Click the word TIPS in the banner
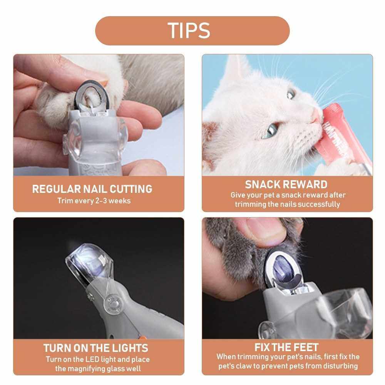coord(189,31)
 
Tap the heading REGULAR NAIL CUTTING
coord(92,189)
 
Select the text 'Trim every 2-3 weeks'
coord(94,201)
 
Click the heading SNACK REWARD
coord(286,185)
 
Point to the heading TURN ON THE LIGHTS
coord(96,348)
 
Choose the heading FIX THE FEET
coord(286,347)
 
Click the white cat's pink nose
coord(317,115)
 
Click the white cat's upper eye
coord(291,94)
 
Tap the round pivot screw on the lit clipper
coord(113,303)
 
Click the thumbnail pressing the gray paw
coord(266,227)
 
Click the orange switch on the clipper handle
coord(142,337)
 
